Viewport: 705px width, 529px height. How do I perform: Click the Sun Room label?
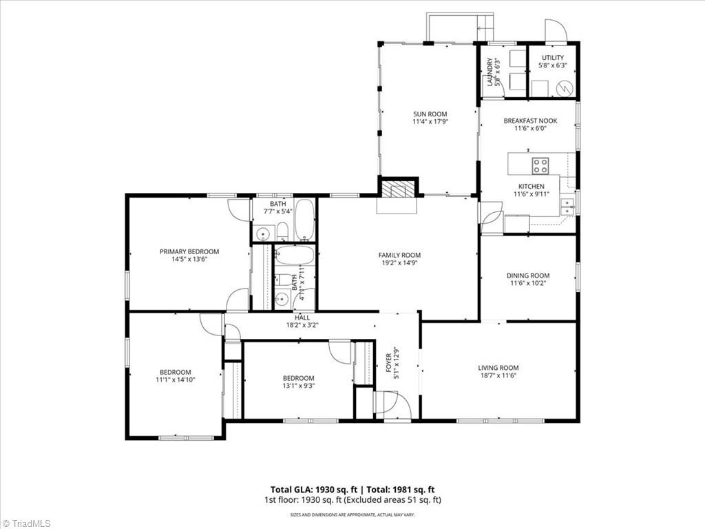click(x=430, y=114)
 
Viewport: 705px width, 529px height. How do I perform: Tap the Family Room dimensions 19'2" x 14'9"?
click(x=399, y=262)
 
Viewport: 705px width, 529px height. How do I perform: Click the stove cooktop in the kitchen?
click(x=540, y=165)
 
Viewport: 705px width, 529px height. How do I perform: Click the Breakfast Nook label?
click(x=530, y=121)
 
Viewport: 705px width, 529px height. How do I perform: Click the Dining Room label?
click(x=530, y=276)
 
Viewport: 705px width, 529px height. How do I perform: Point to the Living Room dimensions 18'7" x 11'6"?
click(x=498, y=375)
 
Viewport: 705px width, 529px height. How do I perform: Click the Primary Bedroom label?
click(x=189, y=251)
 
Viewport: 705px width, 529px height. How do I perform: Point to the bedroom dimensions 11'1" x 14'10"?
click(x=176, y=380)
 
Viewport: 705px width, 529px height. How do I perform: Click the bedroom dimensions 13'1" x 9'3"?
click(x=299, y=386)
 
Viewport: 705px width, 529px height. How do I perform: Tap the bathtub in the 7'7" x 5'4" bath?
click(x=304, y=219)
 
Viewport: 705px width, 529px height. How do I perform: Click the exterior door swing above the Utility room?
click(x=555, y=30)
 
